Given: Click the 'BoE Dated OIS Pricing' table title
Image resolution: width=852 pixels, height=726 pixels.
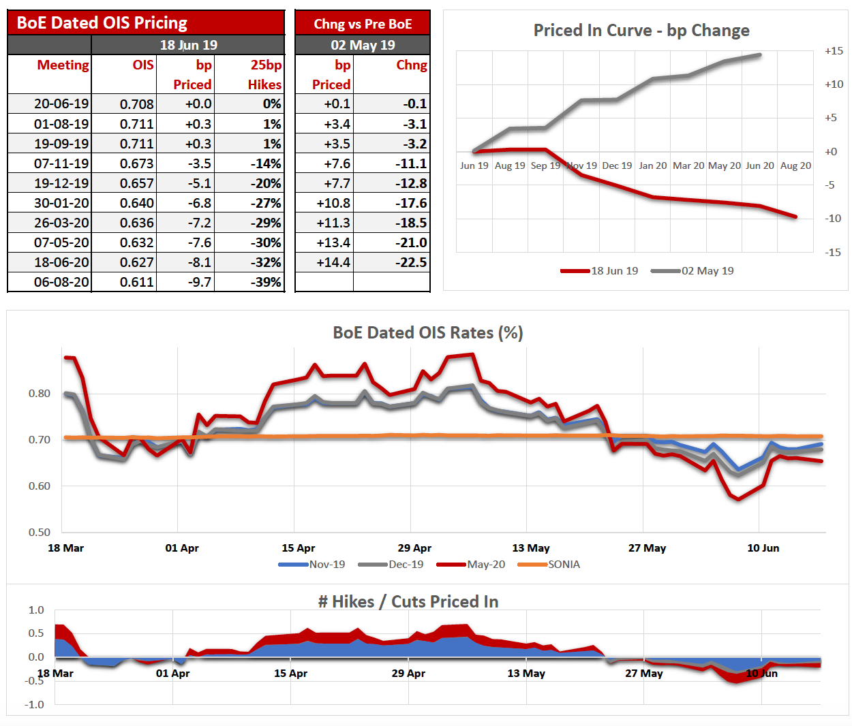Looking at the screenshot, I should tap(102, 22).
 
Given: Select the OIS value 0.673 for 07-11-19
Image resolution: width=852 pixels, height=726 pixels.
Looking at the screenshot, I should tap(136, 163).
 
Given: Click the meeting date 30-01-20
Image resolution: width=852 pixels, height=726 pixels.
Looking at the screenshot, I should tap(61, 203).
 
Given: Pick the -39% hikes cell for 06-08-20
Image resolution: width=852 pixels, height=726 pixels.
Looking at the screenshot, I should tap(267, 282).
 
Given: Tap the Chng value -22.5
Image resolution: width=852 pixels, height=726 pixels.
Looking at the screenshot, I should tap(412, 262).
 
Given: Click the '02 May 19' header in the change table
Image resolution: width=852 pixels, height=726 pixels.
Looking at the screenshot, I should tap(363, 45).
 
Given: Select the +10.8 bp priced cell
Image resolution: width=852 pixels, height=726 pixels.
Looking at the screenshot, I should tap(333, 203).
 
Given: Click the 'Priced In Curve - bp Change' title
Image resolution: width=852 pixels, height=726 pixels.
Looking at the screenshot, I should tap(641, 31).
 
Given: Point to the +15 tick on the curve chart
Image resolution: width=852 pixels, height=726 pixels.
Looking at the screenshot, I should tap(834, 51).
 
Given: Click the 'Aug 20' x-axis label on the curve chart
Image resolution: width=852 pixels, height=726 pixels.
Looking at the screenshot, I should tap(795, 165).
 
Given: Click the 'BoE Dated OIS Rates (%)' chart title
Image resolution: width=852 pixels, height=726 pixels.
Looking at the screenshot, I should tap(427, 332).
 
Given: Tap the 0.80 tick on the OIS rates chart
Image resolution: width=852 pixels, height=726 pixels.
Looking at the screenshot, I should tap(40, 393).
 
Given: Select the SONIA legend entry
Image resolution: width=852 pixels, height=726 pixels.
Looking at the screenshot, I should tap(564, 565).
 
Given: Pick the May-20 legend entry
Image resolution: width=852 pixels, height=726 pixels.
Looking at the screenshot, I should tap(486, 565).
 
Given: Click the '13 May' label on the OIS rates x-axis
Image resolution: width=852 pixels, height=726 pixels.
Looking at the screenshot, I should tap(531, 548).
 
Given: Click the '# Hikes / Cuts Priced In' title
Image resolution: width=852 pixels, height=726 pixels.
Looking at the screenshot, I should tap(408, 601).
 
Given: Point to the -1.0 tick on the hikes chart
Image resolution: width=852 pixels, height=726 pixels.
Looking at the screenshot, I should tap(35, 704).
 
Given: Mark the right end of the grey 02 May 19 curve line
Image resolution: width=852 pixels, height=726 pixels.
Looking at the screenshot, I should tap(760, 55).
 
